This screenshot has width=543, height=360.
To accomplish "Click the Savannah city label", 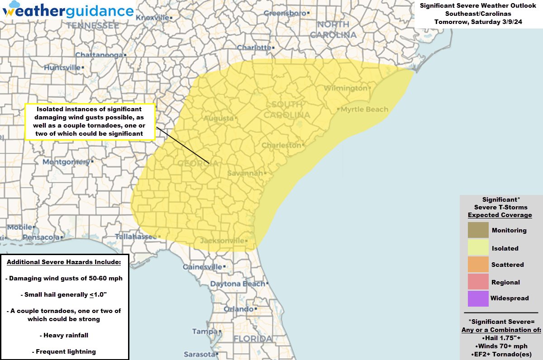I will pyautogui.click(x=245, y=173).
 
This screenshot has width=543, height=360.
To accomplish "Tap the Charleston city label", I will pyautogui.click(x=281, y=145).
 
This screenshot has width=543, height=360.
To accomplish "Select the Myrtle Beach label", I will pyautogui.click(x=364, y=109).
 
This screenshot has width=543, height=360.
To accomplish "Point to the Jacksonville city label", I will pyautogui.click(x=222, y=241).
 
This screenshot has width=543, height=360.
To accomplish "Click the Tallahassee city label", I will pyautogui.click(x=135, y=237).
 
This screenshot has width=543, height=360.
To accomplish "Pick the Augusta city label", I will pyautogui.click(x=219, y=118).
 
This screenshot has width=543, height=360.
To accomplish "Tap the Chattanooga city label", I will pyautogui.click(x=99, y=55).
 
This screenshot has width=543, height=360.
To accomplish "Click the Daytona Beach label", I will pyautogui.click(x=237, y=284).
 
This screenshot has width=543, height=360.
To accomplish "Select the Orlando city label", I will pyautogui.click(x=238, y=309).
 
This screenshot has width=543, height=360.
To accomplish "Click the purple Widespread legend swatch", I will pyautogui.click(x=478, y=298).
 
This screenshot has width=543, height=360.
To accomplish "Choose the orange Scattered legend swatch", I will pyautogui.click(x=478, y=265).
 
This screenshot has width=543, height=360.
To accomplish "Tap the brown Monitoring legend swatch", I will pyautogui.click(x=478, y=230).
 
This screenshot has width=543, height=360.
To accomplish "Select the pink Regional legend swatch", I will pyautogui.click(x=478, y=282).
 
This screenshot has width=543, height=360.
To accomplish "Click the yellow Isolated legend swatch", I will pyautogui.click(x=478, y=248).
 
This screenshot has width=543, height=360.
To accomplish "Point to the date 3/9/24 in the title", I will pyautogui.click(x=510, y=22).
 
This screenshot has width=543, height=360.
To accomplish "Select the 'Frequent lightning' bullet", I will pyautogui.click(x=64, y=351).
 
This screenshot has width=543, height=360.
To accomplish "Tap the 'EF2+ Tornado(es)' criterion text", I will pyautogui.click(x=501, y=354).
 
